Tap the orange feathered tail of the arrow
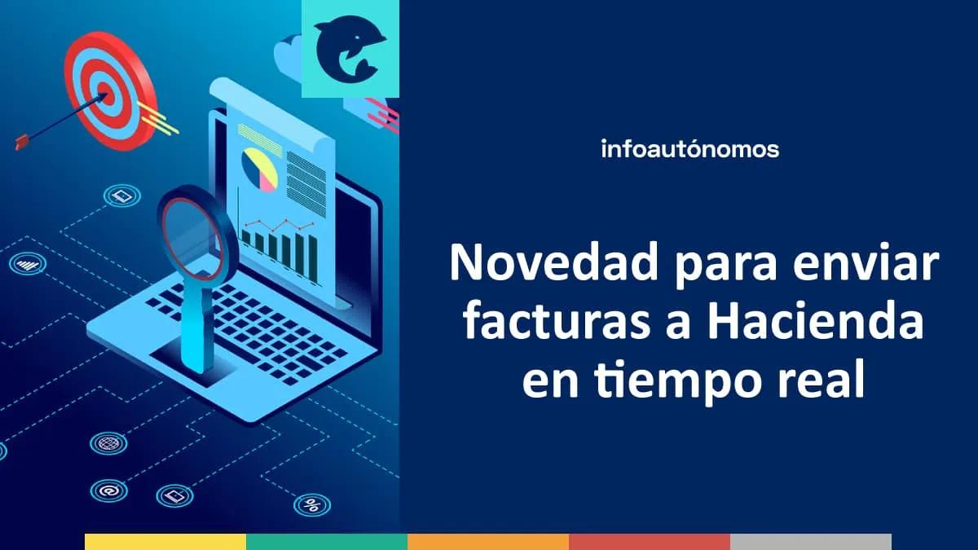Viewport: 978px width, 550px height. point(23,143)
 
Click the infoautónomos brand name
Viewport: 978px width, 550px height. point(689,149)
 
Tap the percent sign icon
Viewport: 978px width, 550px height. point(311,505)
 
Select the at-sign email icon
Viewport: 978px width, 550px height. point(108,491)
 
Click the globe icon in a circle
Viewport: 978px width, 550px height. point(108,443)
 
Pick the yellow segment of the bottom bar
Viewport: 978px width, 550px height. point(165,542)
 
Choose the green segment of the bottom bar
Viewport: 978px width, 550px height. point(326,542)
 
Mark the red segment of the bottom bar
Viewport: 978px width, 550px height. point(649,542)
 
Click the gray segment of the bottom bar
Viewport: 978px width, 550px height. point(810,542)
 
